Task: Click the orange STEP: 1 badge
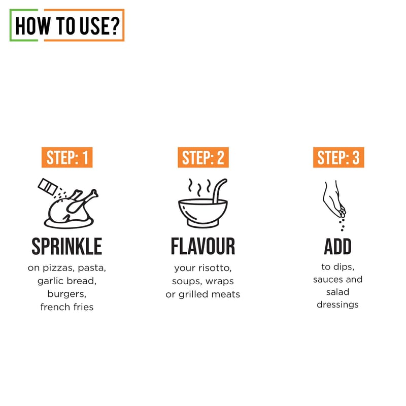click(67, 157)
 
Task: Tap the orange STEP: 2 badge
click(203, 157)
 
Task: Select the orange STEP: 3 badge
click(339, 157)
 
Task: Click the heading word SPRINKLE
click(67, 247)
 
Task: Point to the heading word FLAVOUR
click(203, 247)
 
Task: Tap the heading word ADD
click(337, 247)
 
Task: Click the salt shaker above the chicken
click(48, 186)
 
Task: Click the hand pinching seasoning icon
click(334, 205)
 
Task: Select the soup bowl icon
click(203, 213)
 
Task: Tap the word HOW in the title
click(32, 26)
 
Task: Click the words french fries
click(67, 307)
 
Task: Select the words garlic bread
click(67, 281)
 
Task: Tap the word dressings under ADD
click(337, 305)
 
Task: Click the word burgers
click(67, 294)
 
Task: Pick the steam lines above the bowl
click(199, 187)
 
